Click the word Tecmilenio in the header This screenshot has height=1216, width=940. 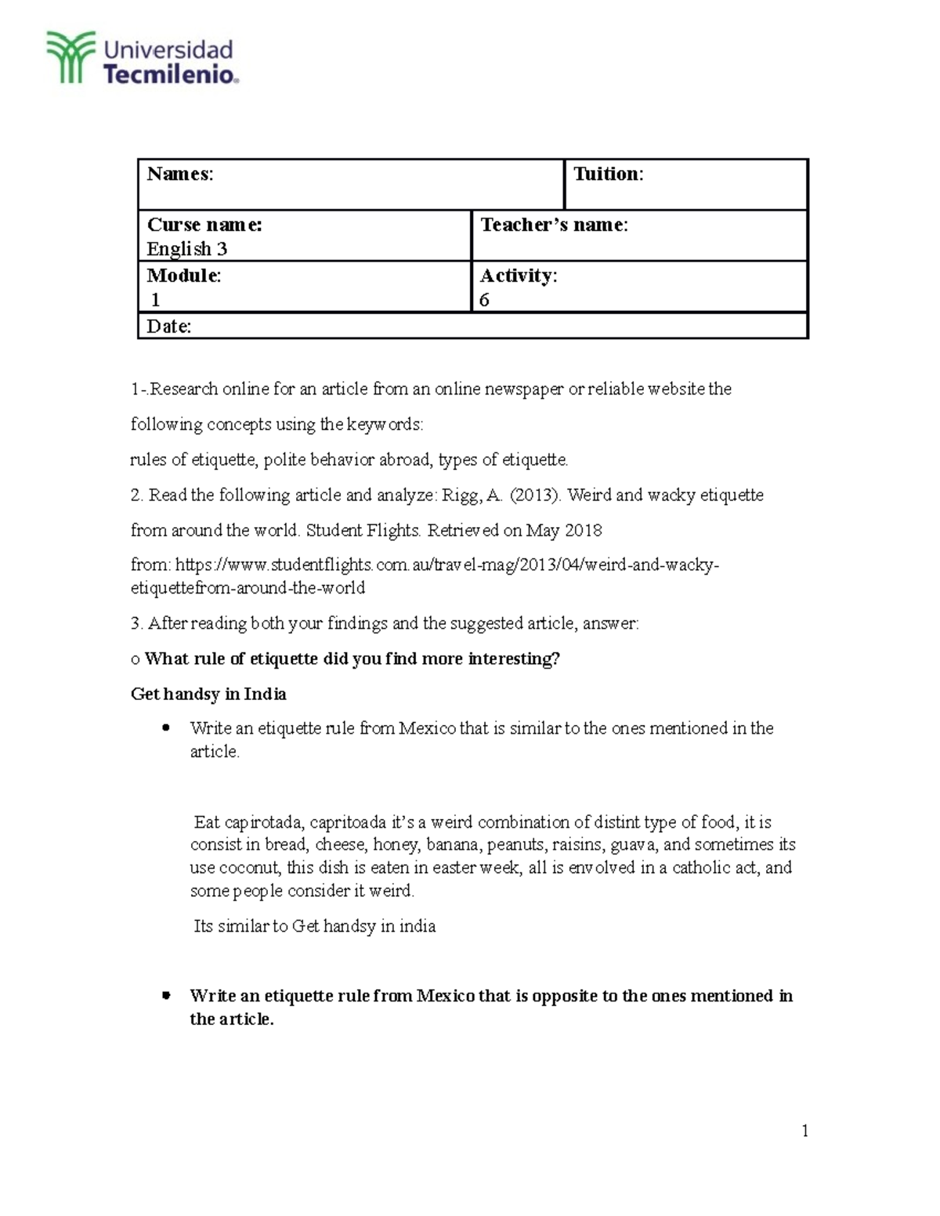click(168, 75)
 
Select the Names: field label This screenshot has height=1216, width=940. click(180, 174)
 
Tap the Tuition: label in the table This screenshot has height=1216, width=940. click(608, 174)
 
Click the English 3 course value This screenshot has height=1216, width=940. click(186, 249)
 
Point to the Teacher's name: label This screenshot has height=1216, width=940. click(554, 225)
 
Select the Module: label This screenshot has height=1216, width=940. click(184, 276)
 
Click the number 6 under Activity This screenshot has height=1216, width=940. click(484, 300)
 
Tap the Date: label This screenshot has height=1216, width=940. click(169, 327)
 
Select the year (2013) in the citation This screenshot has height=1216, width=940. click(533, 495)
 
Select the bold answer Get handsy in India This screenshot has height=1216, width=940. click(208, 694)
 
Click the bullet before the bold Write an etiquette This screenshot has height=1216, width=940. click(165, 996)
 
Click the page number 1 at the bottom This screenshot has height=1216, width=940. click(804, 1131)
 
